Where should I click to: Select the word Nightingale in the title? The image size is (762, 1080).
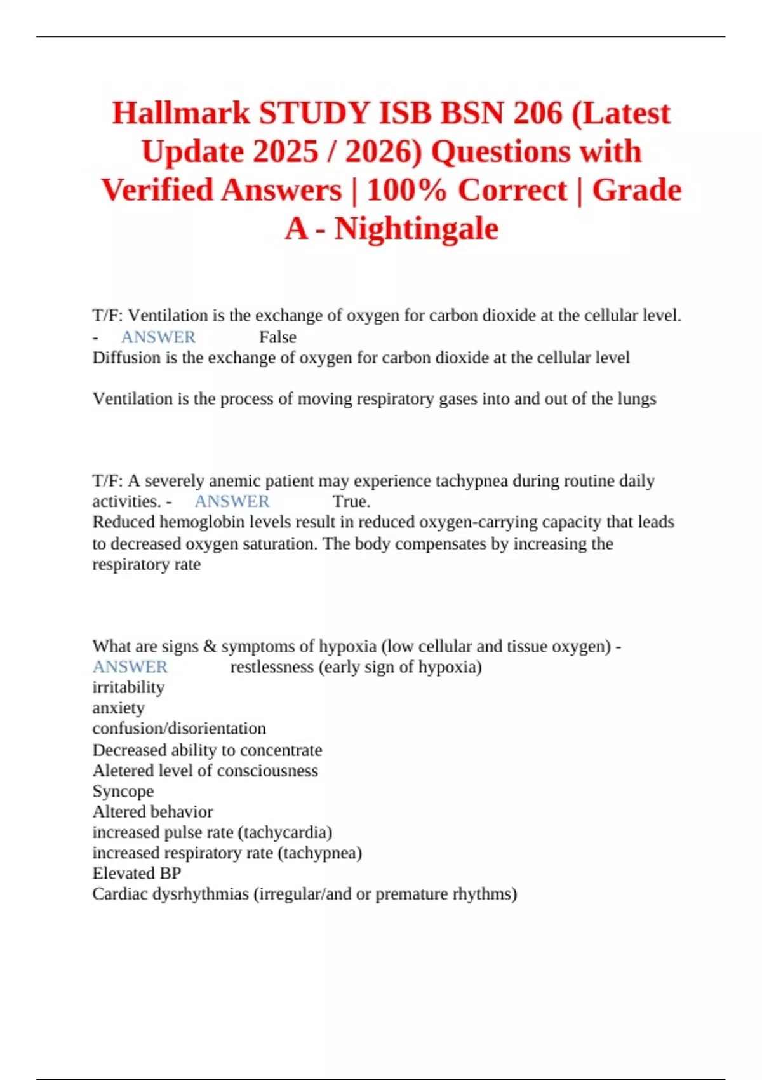416,229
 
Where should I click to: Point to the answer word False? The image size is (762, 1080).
277,337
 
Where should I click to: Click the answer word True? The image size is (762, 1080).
351,502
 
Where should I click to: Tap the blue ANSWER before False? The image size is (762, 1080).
158,337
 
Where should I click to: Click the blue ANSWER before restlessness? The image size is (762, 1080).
130,667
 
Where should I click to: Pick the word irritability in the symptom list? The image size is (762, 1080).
128,687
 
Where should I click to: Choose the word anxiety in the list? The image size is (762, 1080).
118,708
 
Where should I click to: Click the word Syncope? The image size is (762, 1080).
123,792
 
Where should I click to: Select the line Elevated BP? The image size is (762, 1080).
137,874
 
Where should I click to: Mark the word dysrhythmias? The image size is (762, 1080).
187,894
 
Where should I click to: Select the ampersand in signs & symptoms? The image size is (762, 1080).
210,647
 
